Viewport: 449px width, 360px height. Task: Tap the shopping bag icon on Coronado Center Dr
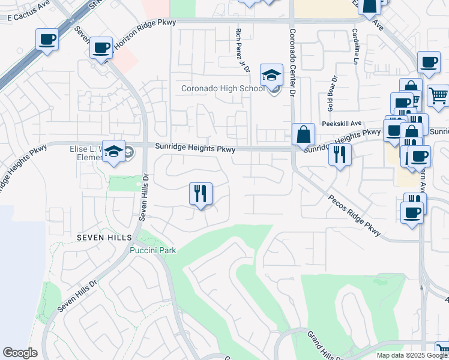coord(303,134)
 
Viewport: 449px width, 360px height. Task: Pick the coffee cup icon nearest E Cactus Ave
coord(47,40)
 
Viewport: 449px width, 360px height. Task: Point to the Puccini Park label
coord(154,250)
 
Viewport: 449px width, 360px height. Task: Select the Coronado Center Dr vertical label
coord(293,62)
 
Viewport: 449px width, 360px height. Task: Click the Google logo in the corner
coord(20,353)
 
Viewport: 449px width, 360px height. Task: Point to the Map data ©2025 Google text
coord(411,355)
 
